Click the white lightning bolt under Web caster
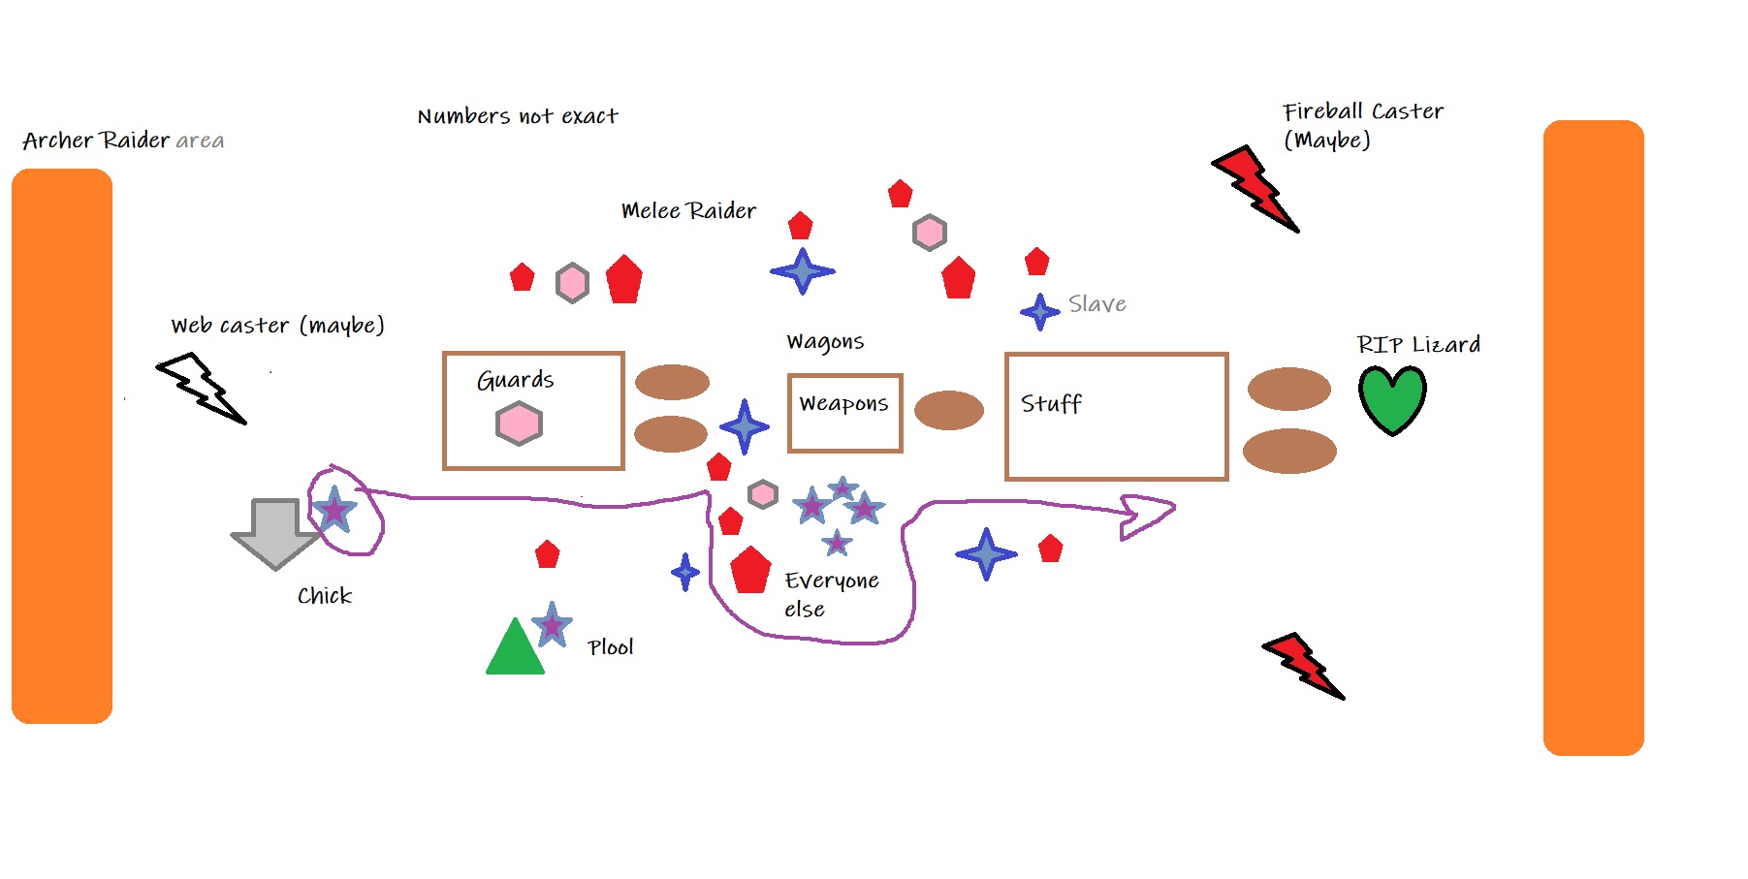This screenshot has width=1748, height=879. [203, 388]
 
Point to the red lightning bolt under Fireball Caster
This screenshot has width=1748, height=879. [1255, 189]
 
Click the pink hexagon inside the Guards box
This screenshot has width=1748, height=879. [519, 424]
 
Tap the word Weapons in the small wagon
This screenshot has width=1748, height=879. [843, 403]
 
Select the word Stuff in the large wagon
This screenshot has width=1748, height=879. [1051, 403]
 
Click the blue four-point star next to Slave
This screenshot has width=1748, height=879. [1039, 311]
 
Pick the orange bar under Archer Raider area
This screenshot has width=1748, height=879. [62, 446]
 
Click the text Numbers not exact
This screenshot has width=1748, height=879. [518, 116]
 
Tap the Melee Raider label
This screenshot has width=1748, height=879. [688, 210]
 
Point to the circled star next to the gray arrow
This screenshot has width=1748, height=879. [334, 509]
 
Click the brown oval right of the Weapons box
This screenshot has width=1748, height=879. [949, 410]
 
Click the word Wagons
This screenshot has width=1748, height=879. [825, 341]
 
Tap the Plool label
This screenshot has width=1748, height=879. [611, 647]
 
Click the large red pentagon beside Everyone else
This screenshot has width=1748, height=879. [750, 570]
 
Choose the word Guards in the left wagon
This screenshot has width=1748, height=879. [515, 380]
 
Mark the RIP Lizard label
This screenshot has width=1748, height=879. [1418, 344]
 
